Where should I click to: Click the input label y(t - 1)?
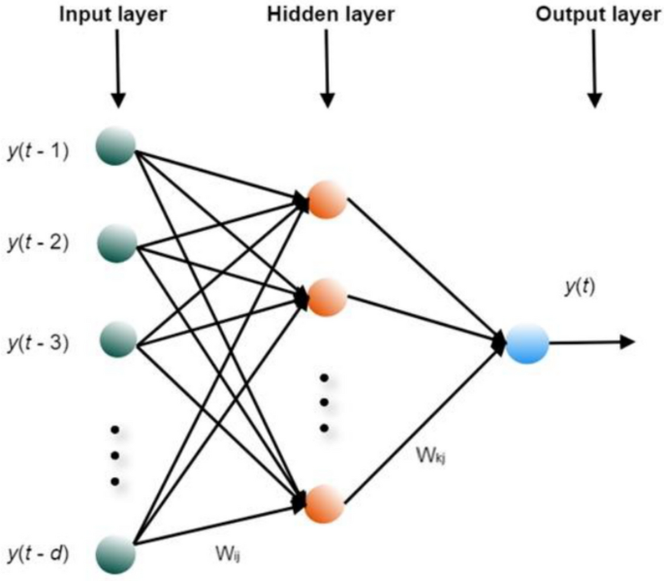pos(36,150)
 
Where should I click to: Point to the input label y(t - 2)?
pos(36,242)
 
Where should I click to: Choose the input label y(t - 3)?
pos(36,343)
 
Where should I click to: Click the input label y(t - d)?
pos(36,555)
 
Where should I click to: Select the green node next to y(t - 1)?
pos(116,148)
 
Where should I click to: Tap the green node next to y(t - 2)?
pos(117,242)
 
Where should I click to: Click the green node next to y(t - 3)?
pos(117,339)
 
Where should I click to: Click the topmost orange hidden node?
pos(326,200)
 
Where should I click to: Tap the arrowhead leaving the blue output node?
pos(627,341)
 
